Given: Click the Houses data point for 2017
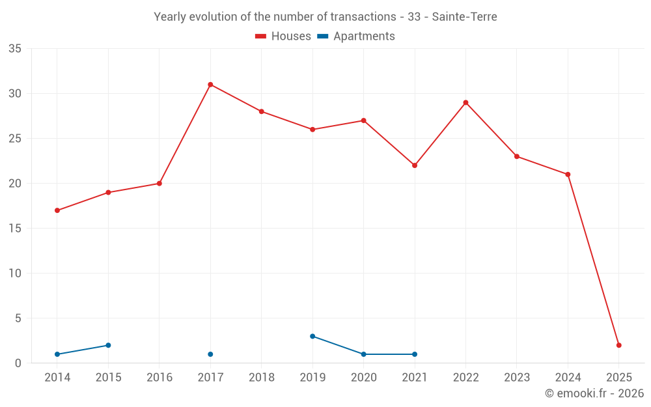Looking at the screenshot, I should (x=210, y=85).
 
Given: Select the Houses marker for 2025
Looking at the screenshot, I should (x=619, y=345).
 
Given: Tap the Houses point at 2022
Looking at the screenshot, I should (x=465, y=102).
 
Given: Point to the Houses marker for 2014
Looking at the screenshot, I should (x=57, y=210).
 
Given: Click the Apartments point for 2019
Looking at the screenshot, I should (x=312, y=336).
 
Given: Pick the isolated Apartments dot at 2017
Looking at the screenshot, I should (x=210, y=354).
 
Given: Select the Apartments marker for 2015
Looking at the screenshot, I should (x=108, y=345).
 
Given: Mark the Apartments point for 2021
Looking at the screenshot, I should (x=415, y=354).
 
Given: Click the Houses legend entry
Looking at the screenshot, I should (x=283, y=36).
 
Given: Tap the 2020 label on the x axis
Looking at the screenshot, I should (x=363, y=377).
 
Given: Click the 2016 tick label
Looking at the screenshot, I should (x=159, y=377).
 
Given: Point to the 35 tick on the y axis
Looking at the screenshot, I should (x=15, y=49).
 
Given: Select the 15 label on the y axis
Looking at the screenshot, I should (x=15, y=229).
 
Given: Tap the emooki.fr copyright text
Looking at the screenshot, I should (x=594, y=393).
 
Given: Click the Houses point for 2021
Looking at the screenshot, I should (x=415, y=165).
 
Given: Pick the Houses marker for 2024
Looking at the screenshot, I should (x=568, y=175).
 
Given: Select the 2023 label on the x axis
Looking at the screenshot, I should (x=517, y=377).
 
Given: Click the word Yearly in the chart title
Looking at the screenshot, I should (x=169, y=17).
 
